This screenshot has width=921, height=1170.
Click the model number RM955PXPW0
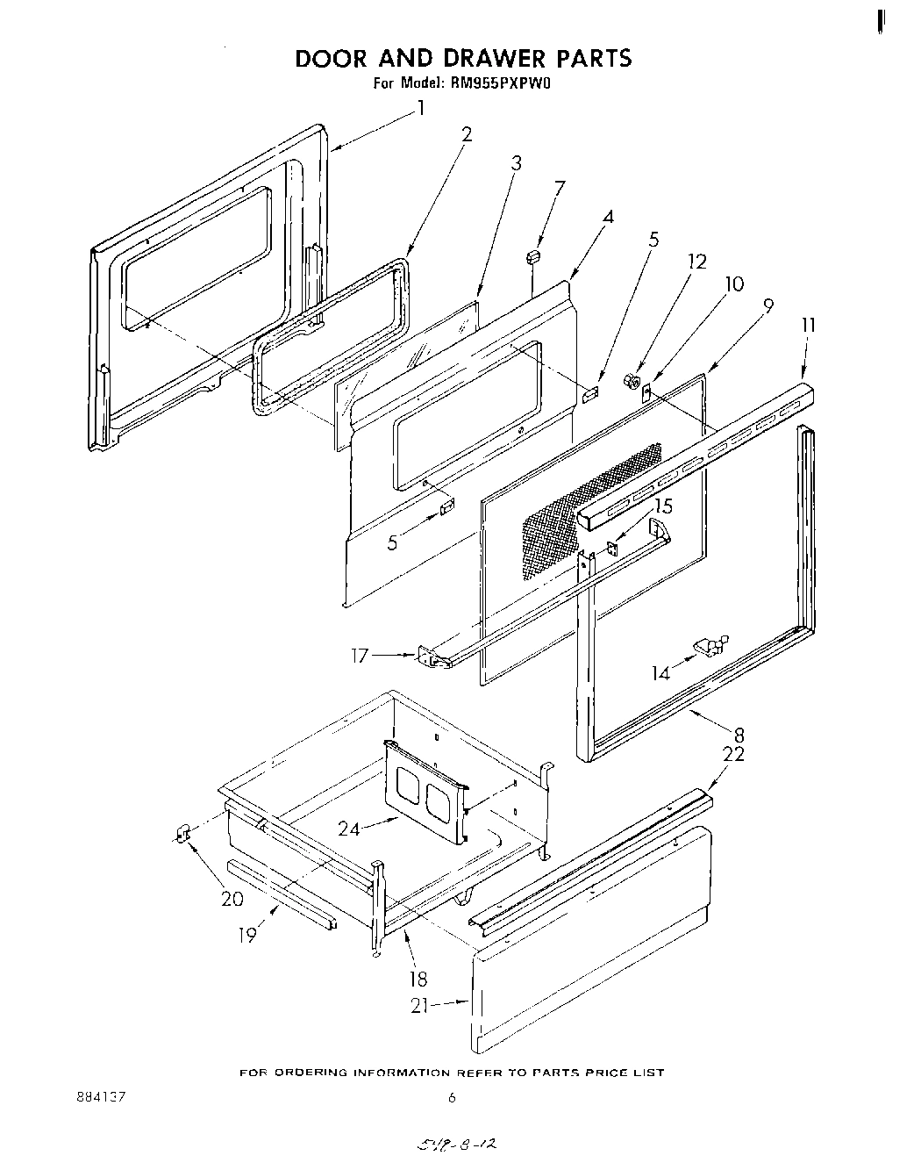pos(505,84)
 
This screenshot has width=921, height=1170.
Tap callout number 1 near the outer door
pos(421,108)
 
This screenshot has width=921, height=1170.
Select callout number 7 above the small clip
pos(559,187)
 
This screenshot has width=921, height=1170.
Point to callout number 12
pos(697,262)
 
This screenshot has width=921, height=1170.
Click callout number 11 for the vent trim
pos(808,325)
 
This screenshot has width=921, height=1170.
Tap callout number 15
pos(663,506)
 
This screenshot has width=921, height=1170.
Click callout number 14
pos(660,673)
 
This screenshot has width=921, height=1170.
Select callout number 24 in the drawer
pos(349,827)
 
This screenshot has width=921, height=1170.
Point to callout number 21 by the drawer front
pos(420,1006)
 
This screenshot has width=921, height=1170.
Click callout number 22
pos(733,754)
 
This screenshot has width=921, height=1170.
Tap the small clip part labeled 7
pos(532,255)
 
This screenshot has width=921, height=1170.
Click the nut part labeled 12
pos(629,380)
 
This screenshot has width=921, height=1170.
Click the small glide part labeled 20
pos(183,833)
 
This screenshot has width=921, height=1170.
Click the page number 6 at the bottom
pos(452,1097)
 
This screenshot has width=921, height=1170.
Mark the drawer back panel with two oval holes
pos(425,790)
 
